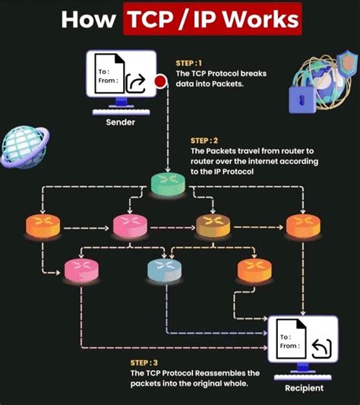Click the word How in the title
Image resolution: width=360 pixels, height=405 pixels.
click(x=88, y=20)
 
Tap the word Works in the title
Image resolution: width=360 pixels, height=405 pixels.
click(x=261, y=19)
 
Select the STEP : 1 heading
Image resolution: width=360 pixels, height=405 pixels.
click(x=188, y=63)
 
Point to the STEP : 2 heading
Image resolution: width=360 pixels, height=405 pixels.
click(x=204, y=141)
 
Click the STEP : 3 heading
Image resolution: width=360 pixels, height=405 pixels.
click(x=144, y=363)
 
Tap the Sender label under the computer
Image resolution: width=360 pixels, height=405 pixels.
click(x=120, y=122)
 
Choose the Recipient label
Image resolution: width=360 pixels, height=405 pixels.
click(x=305, y=388)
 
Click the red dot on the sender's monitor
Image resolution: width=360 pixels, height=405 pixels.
click(x=160, y=81)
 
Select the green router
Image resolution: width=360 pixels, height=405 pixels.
click(x=168, y=184)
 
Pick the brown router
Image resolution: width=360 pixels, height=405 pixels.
click(x=213, y=226)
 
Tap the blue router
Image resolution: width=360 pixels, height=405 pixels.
click(x=164, y=270)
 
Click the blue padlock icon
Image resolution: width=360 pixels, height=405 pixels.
click(x=302, y=100)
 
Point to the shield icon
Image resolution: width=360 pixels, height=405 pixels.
click(x=347, y=63)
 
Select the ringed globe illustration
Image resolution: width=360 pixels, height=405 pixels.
click(x=25, y=147)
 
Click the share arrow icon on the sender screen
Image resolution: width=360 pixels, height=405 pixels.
click(x=136, y=83)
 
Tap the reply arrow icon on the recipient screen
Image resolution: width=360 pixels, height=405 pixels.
click(x=321, y=349)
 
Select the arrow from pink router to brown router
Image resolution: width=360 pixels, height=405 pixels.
click(x=172, y=227)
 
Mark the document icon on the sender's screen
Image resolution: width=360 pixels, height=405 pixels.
click(x=109, y=73)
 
